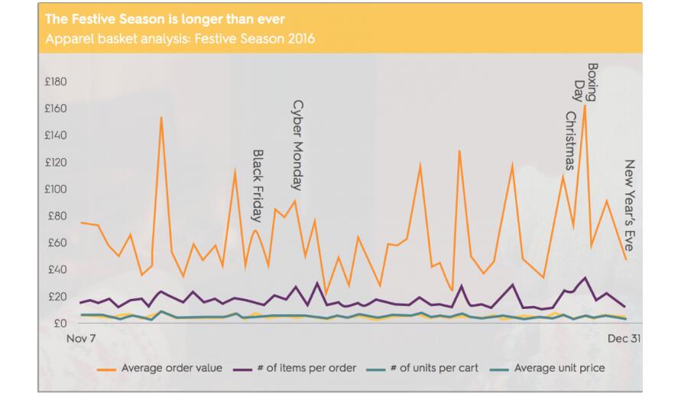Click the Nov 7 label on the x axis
coord(82,338)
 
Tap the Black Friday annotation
coord(258,185)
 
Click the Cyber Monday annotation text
coord(298,145)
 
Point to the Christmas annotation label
coord(570,141)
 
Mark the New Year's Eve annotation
coord(630,205)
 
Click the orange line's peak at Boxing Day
coord(585,105)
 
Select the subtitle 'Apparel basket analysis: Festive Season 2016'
coord(180,38)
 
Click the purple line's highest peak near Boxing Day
coord(585,278)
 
